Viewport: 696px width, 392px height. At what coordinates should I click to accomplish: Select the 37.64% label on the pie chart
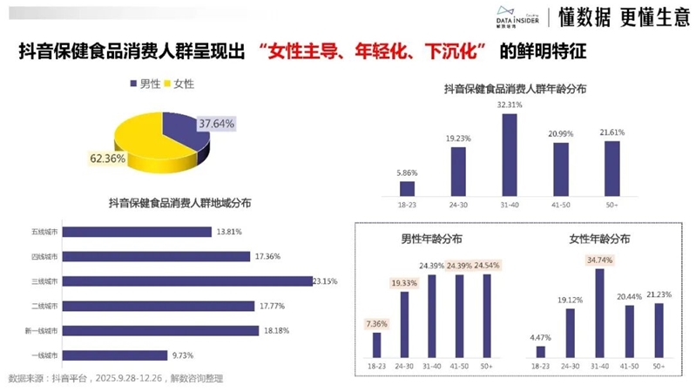(x=216, y=124)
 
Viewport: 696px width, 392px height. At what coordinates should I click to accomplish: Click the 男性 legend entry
(x=145, y=84)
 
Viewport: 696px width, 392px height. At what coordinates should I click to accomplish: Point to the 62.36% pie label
(x=107, y=159)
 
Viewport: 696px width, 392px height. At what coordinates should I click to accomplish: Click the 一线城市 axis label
(x=43, y=355)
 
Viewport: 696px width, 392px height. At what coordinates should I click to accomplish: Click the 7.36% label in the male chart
(x=376, y=324)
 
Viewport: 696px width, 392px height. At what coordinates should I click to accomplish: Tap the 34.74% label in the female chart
(x=599, y=260)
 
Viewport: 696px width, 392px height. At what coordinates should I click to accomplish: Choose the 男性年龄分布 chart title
(x=430, y=238)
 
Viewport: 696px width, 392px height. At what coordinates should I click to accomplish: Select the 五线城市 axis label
(x=43, y=232)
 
